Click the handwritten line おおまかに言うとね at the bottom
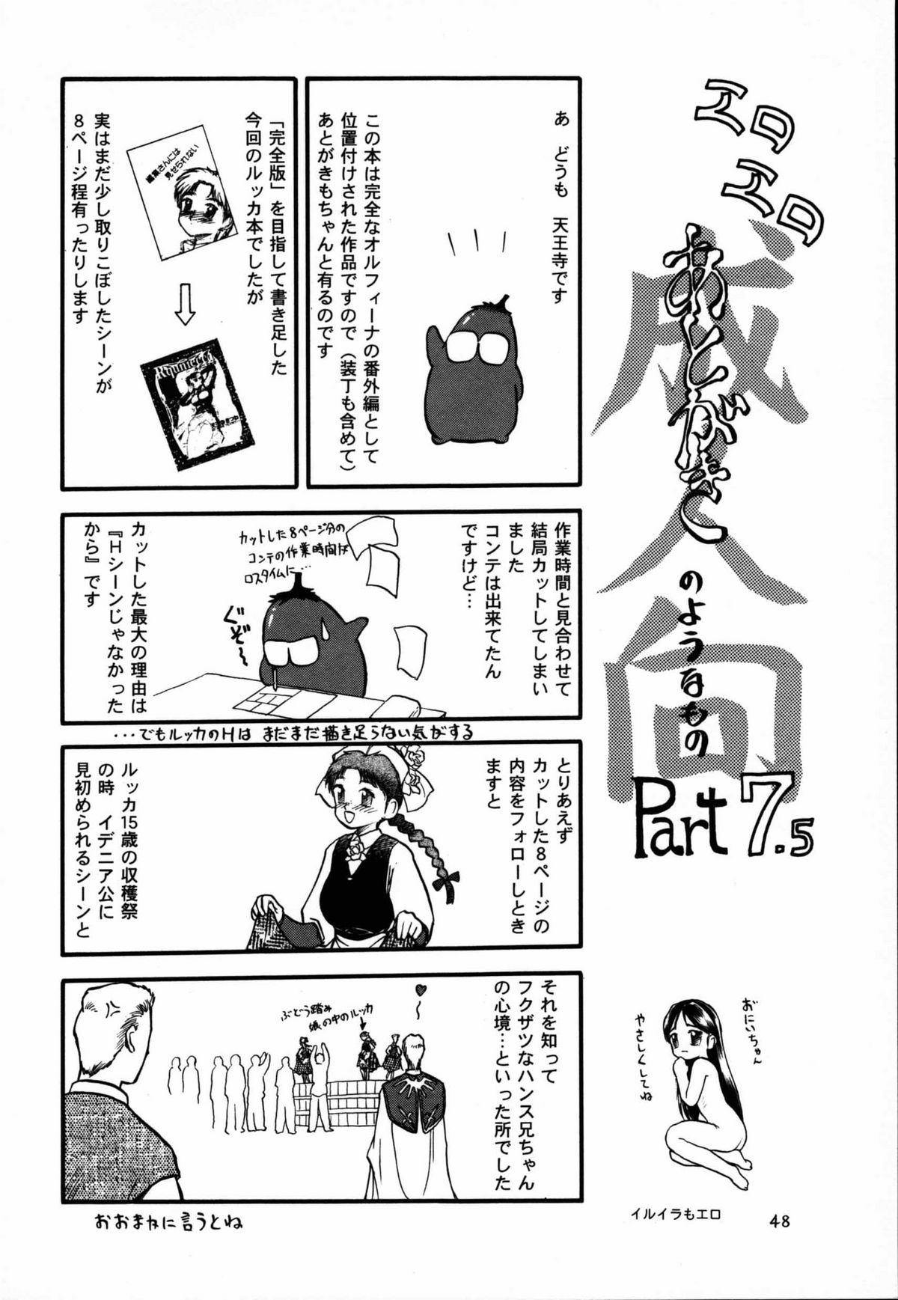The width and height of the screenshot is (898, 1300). coord(169,1223)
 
